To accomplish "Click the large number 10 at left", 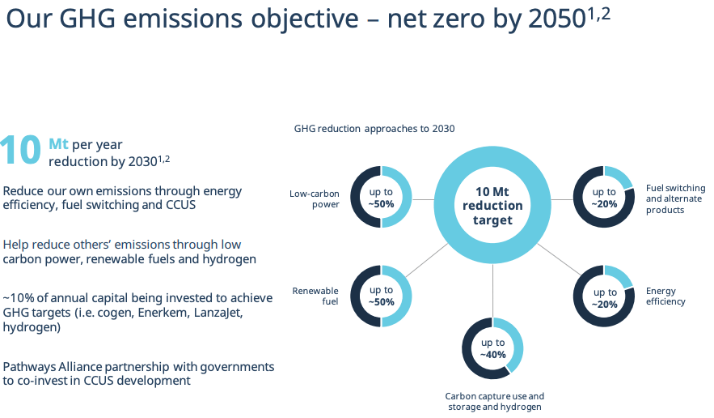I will (20, 151).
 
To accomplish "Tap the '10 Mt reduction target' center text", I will (492, 206).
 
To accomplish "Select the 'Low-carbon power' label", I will (315, 198).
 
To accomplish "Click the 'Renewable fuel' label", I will (315, 296).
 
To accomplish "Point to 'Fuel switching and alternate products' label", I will (674, 198).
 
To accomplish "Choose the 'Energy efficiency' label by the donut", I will (665, 296).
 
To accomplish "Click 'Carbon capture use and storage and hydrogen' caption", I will (495, 402).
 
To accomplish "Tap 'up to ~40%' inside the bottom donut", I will (492, 348).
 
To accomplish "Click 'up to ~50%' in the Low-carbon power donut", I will (382, 198).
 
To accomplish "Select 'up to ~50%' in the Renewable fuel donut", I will (382, 296).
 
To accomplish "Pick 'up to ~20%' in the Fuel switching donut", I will (604, 198).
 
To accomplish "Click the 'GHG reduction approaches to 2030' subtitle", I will (374, 128).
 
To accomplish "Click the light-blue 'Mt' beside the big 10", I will (58, 143).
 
